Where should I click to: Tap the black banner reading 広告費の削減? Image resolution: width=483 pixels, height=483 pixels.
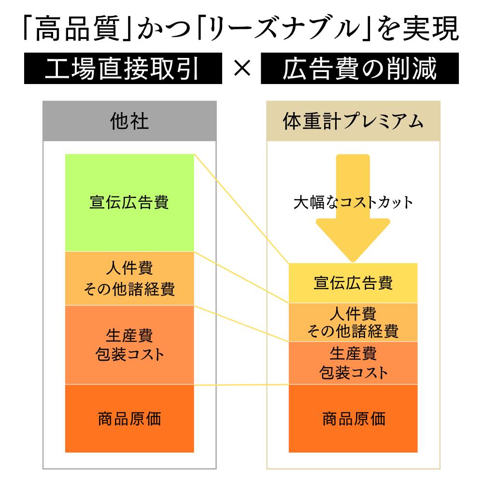click(359, 70)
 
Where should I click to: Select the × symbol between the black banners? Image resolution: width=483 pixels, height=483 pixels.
click(241, 70)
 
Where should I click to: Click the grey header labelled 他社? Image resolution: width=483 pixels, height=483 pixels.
click(129, 121)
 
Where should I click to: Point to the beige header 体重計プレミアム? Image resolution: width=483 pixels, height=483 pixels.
click(353, 121)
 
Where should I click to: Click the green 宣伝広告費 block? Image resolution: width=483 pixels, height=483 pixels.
click(129, 202)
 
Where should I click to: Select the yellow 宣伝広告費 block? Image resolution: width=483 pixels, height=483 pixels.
click(353, 283)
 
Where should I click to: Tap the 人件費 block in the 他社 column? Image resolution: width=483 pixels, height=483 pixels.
click(129, 278)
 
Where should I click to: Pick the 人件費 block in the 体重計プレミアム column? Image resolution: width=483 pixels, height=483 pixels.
click(353, 322)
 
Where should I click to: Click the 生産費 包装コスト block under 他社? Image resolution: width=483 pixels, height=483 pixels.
click(129, 345)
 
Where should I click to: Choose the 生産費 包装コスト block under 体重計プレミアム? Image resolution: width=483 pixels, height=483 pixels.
click(353, 363)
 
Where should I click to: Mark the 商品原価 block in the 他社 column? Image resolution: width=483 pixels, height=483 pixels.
click(129, 418)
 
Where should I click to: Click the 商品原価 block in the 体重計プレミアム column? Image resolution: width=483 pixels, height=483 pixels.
click(353, 418)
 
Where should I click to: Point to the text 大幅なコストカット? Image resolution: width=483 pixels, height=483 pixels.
click(353, 202)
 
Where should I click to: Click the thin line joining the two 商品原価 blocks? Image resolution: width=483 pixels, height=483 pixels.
click(241, 384)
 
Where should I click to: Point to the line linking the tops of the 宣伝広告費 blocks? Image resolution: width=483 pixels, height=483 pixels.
click(241, 209)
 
